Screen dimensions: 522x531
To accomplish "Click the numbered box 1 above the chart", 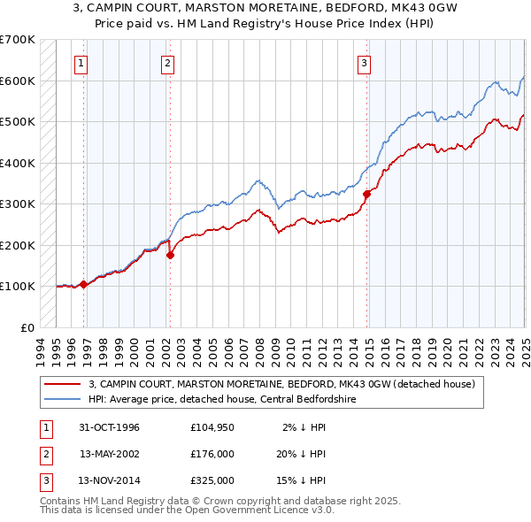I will coord(81,63).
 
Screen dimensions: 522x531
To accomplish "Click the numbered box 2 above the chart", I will coord(167,63).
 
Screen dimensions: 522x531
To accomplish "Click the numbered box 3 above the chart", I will coord(364,63).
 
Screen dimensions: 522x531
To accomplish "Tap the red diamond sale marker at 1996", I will coord(83,284).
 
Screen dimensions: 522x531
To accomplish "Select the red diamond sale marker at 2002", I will coord(170,255).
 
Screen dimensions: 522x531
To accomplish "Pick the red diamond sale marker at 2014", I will coord(366,194).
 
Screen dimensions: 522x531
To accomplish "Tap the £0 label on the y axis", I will coord(27,327).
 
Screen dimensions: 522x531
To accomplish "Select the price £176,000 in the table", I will coord(212,454).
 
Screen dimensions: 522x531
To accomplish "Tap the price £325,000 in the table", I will coord(212,480).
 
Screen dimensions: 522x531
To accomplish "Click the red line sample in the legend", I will coord(61,384).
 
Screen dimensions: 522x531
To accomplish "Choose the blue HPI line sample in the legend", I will coord(61,399).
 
